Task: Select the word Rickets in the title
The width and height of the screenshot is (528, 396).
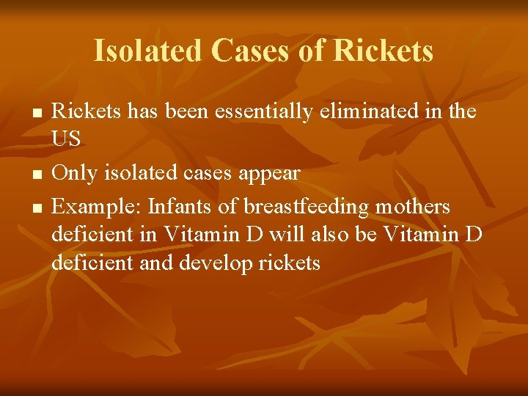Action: point(383,51)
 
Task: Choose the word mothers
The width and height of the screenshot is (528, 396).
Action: point(413,207)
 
